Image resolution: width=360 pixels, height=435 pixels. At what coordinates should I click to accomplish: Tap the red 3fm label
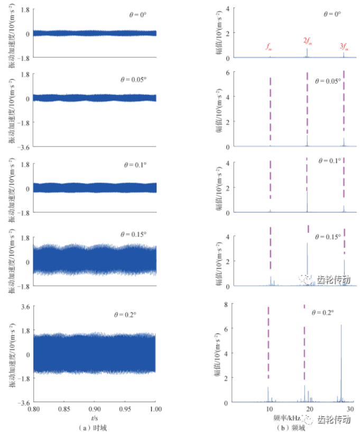pos(344,47)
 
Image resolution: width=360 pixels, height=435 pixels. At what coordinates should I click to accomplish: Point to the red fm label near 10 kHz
pos(269,47)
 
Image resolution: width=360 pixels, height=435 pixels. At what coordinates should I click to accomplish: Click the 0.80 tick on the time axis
pos(33,410)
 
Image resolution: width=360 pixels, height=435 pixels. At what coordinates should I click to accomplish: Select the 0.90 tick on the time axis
pos(95,410)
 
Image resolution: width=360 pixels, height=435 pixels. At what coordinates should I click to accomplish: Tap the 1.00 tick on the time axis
pos(155,410)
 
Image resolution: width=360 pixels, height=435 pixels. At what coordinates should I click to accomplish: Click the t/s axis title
pos(95,417)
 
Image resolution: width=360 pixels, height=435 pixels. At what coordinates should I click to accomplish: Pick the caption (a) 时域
pos(95,426)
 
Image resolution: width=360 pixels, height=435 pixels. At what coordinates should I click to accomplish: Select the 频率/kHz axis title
pos(289,418)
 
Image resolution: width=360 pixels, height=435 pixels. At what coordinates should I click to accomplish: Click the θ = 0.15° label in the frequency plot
pos(327,237)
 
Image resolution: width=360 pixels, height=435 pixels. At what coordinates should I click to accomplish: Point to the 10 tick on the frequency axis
pos(270,409)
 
